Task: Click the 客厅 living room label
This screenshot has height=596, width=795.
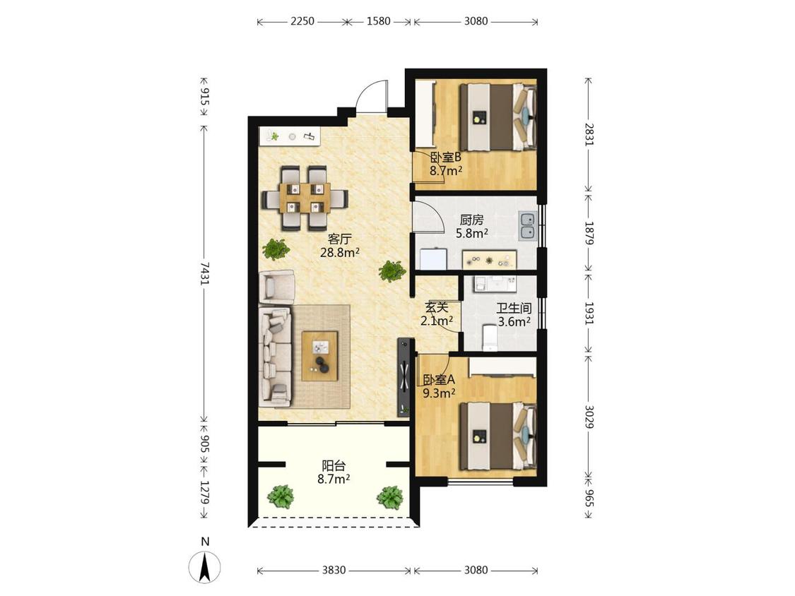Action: tap(340, 239)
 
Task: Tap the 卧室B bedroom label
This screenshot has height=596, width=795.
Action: tap(446, 157)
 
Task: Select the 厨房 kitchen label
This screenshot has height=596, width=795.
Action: tap(471, 220)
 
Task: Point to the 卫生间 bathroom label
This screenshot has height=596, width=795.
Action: tap(514, 308)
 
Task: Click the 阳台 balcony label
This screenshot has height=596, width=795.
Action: tap(334, 465)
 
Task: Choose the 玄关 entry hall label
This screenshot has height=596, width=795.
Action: tap(437, 307)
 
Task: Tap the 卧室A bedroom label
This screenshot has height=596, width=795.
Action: tap(439, 379)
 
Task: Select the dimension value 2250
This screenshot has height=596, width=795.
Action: tap(302, 21)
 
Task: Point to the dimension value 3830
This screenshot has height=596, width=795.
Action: tap(334, 570)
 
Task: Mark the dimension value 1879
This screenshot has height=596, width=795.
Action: tap(589, 233)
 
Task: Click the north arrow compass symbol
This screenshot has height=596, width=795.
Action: tap(205, 566)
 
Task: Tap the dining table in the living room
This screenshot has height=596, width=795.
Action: tap(305, 198)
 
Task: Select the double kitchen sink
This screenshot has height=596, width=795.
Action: tap(528, 226)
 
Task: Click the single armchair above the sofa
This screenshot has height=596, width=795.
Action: tap(277, 287)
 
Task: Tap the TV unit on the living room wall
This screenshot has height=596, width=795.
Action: tap(403, 376)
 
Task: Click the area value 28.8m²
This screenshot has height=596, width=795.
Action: tap(340, 252)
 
